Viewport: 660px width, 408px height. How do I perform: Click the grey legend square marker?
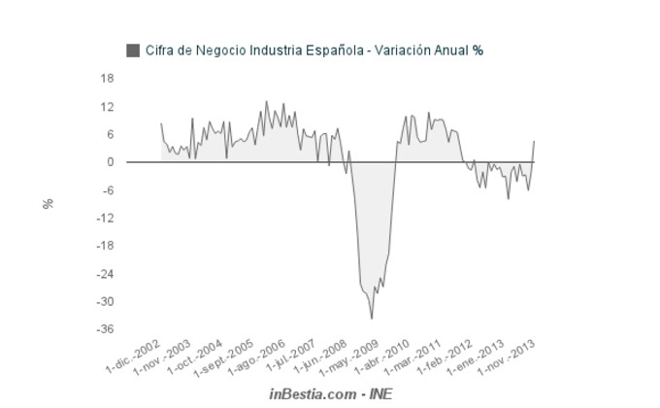click(133, 50)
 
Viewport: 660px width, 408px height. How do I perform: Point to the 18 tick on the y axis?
click(108, 78)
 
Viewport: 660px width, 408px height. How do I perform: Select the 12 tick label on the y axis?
click(108, 106)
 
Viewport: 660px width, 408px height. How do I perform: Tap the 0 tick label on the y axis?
click(111, 162)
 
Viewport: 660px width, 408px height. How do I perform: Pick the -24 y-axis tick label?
click(106, 274)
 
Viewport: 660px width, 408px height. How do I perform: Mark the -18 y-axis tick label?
click(106, 246)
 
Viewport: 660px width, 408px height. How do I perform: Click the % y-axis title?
click(47, 204)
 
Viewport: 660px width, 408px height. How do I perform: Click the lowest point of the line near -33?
click(372, 318)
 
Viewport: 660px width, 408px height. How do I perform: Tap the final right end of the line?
click(534, 141)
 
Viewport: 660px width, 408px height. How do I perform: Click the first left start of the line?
click(161, 123)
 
